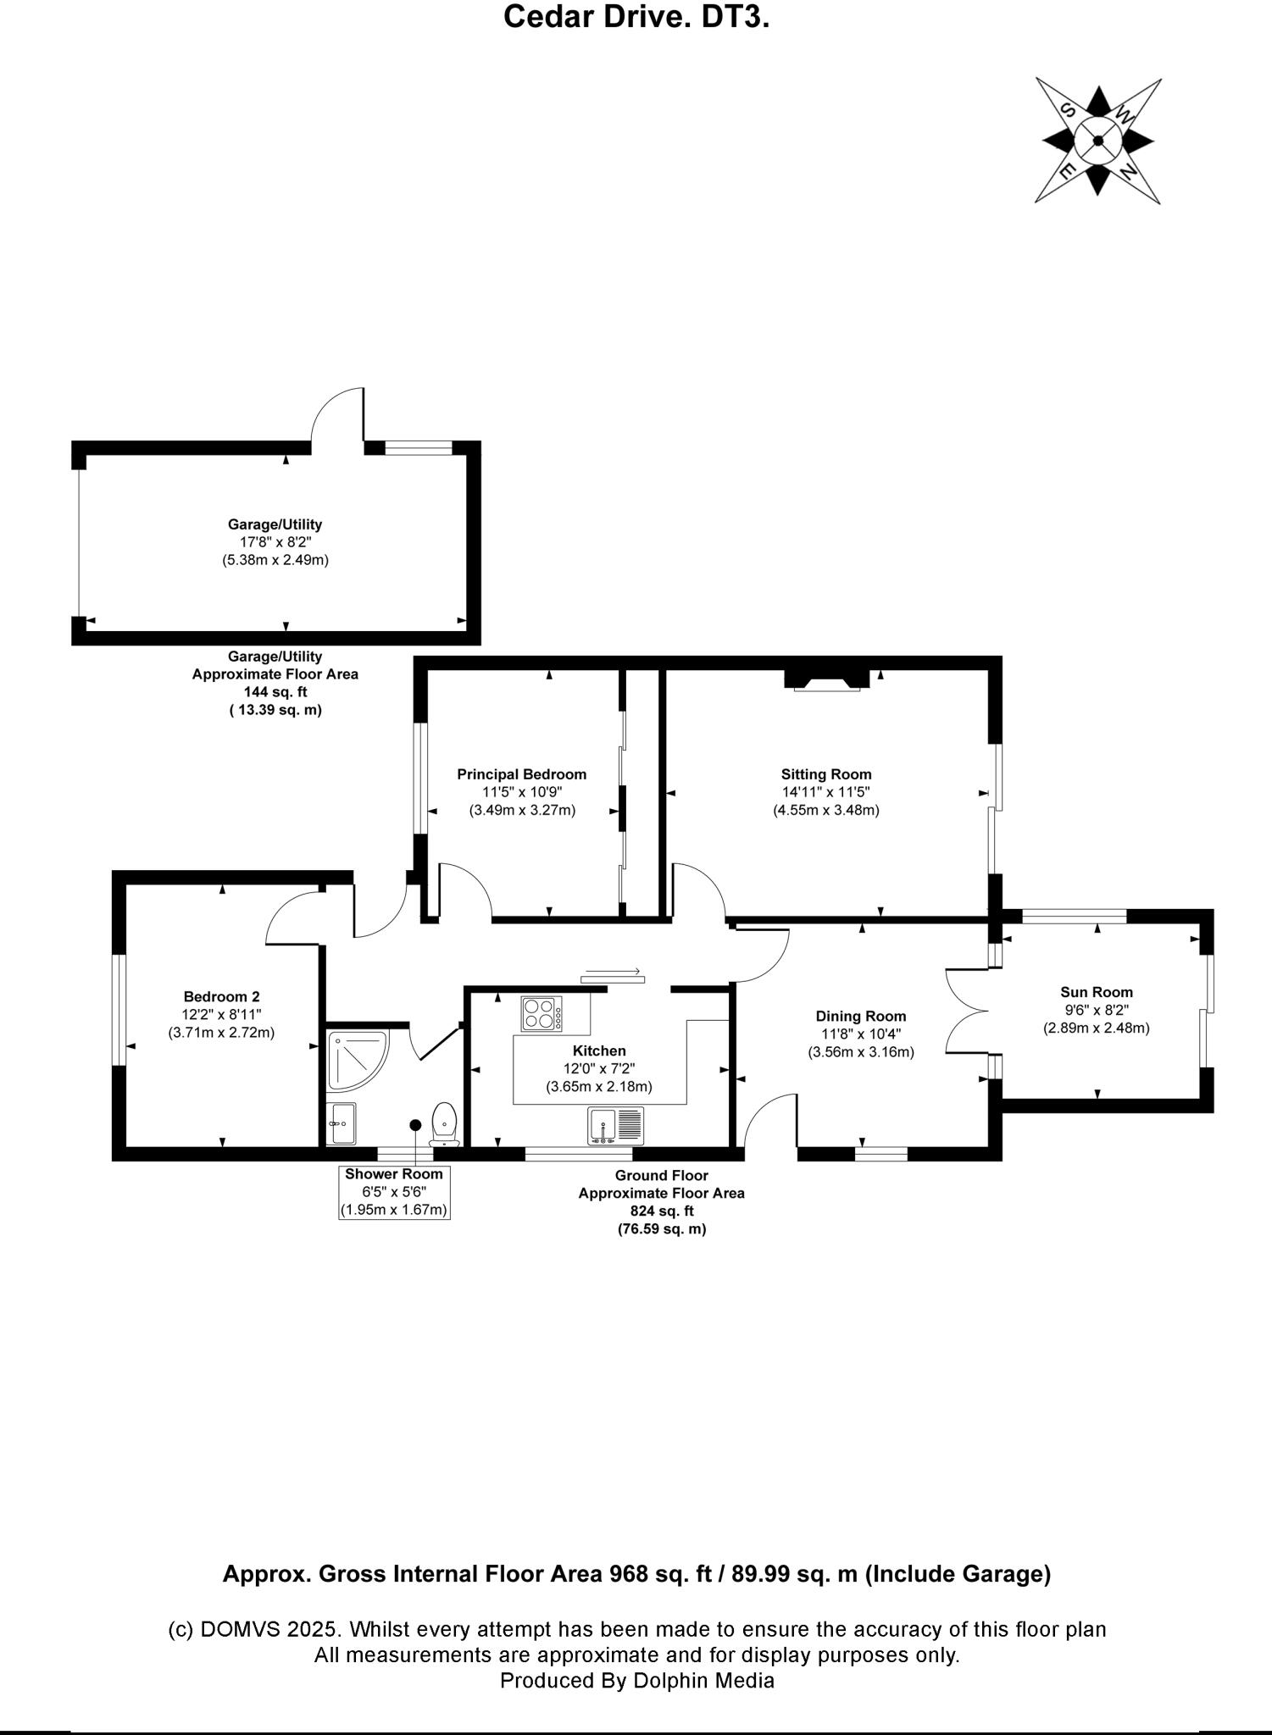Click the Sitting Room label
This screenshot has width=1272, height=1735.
point(825,773)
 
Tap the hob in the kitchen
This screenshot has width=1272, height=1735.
point(543,1014)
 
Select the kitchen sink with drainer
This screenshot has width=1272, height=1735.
point(616,1126)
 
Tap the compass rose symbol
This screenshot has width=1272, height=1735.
point(1097,141)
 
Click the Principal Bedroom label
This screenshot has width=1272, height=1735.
point(521,773)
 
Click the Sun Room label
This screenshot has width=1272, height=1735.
point(1096,992)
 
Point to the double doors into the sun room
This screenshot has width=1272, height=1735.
point(966,1011)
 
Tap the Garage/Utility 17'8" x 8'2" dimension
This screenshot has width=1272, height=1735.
point(275,542)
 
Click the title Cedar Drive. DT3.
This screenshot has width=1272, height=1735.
point(636,17)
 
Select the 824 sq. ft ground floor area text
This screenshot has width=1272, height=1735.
point(661,1211)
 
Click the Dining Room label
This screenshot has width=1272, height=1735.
point(860,1016)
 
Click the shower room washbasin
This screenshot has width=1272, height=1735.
point(341,1122)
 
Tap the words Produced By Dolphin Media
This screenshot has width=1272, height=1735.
point(636,1681)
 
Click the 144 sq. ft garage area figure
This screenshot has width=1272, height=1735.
point(275,692)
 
